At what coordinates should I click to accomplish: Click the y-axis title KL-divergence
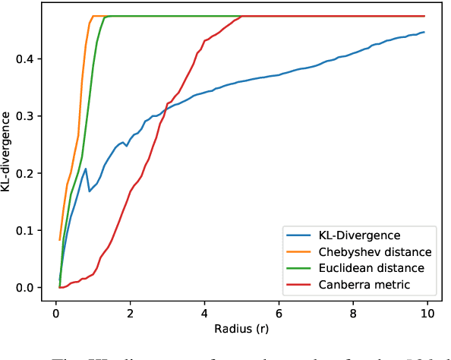[7, 151]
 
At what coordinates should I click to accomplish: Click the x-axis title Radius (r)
[241, 331]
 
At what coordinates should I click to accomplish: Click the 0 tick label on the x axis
[56, 312]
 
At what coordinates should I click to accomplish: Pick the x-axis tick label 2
[131, 312]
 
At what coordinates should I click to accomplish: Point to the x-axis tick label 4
[205, 312]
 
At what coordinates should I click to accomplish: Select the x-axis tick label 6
[279, 312]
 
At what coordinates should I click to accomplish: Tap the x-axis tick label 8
[354, 312]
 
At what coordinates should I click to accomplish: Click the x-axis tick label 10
[427, 312]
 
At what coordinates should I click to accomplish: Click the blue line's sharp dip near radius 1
[90, 191]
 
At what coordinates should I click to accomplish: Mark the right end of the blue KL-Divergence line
[424, 32]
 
